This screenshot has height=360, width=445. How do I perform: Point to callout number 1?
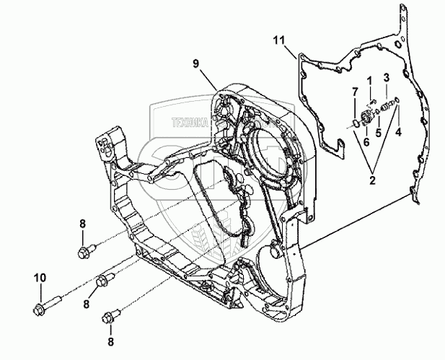pyautogui.click(x=369, y=79)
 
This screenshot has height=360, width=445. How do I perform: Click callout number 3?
pyautogui.click(x=386, y=76)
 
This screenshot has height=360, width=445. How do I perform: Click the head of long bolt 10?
pyautogui.click(x=38, y=310)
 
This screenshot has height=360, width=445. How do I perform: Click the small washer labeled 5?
pyautogui.click(x=379, y=113)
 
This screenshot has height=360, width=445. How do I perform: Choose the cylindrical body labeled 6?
pyautogui.click(x=366, y=118)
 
